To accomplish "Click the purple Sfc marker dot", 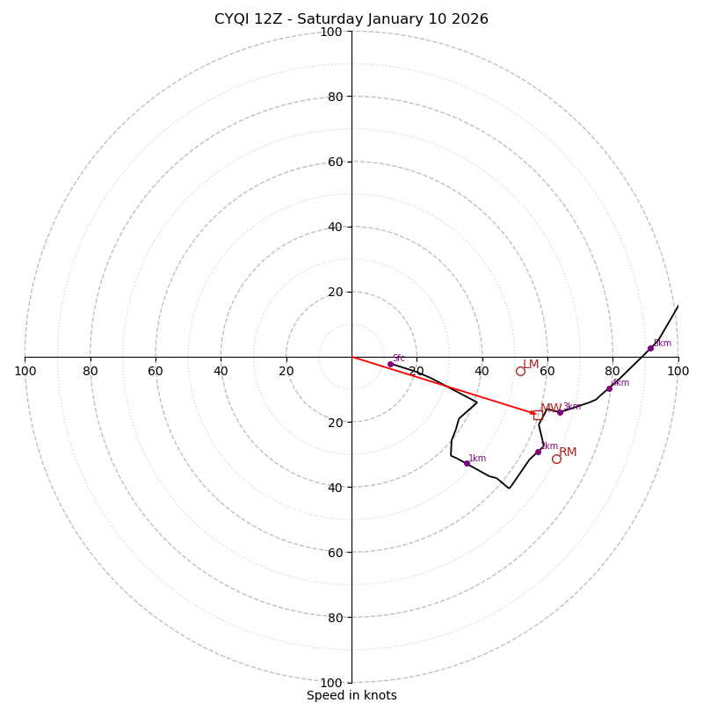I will tap(390, 364).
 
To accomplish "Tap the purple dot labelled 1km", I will tap(467, 463).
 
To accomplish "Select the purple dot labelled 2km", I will tap(539, 452).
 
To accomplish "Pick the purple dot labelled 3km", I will tap(560, 412).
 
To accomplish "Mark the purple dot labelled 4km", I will tap(609, 388).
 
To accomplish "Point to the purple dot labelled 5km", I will tap(650, 348).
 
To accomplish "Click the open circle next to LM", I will tap(520, 371).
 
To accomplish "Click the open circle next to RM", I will tap(556, 459).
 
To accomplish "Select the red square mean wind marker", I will tap(537, 415).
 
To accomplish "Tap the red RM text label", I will tap(568, 453).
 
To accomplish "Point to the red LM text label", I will tap(531, 365).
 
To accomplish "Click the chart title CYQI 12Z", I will tap(253, 19).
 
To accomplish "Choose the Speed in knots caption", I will tap(351, 695).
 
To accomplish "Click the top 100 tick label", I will tap(331, 32).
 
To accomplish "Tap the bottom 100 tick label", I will tap(331, 682).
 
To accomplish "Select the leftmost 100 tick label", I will tap(25, 371).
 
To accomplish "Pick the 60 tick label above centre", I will tap(334, 162).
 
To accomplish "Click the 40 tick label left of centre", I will tap(221, 371).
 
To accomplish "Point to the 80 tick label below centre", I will tap(334, 617).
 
